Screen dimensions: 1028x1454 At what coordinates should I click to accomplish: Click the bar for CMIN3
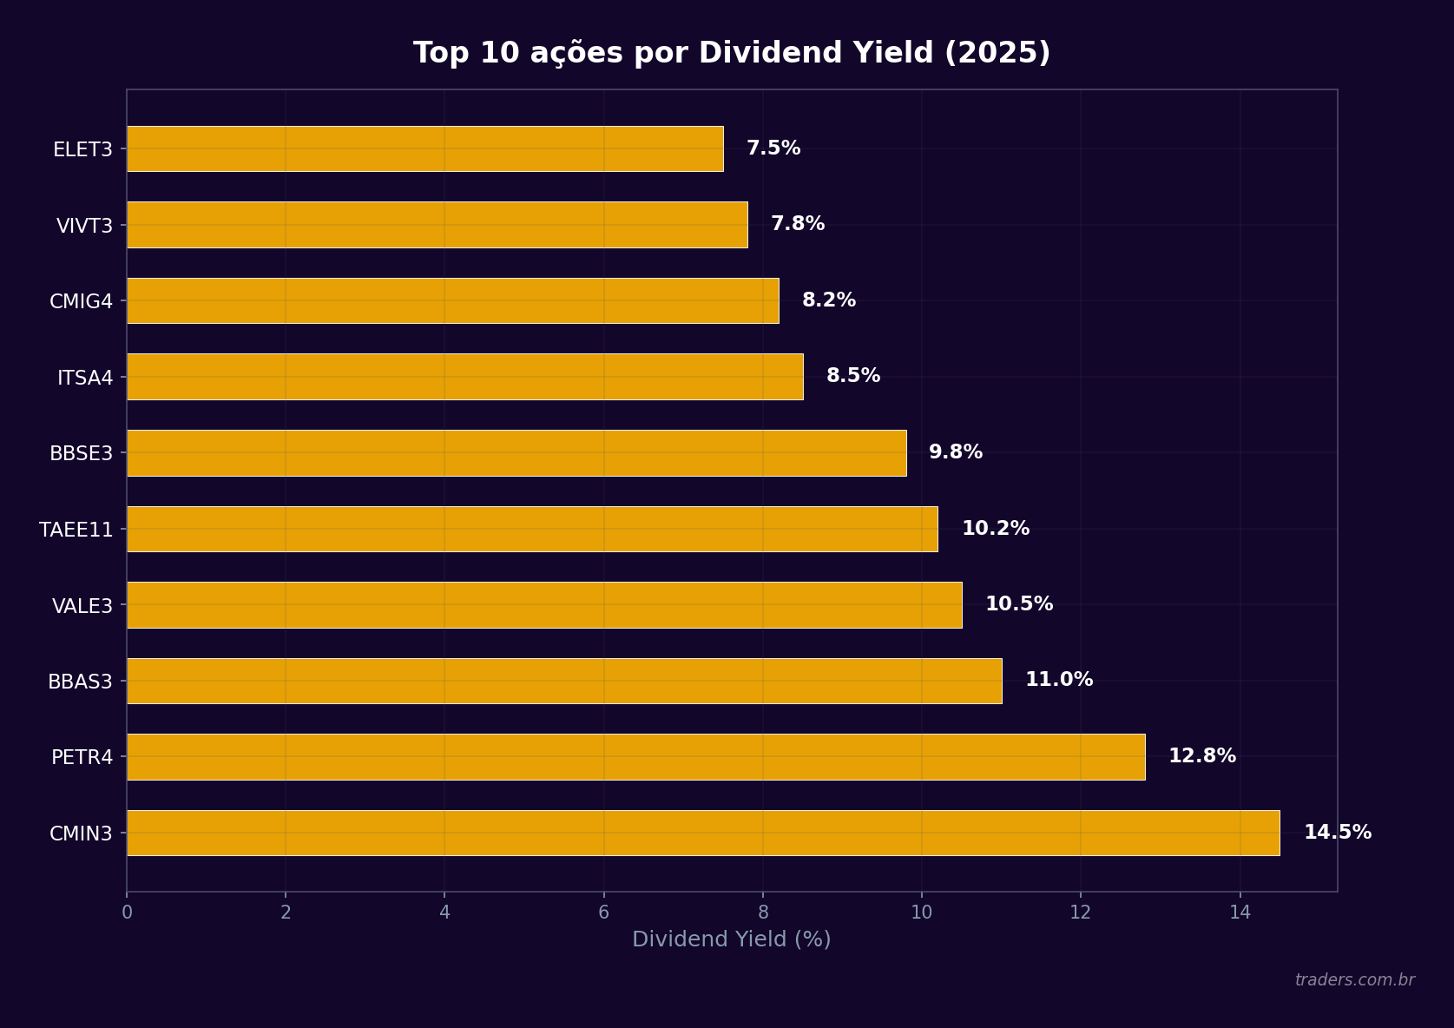click(703, 833)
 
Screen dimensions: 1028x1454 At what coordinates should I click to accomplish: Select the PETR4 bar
click(635, 756)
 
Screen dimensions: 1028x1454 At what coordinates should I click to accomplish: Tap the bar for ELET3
click(424, 148)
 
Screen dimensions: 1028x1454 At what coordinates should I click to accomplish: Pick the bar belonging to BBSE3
click(516, 452)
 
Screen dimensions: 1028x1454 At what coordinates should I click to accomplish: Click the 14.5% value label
click(1337, 832)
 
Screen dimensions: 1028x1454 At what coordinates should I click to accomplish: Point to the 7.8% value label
click(797, 224)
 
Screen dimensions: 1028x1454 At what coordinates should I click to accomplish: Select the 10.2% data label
click(995, 528)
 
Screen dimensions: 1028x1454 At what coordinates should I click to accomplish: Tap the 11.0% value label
click(1058, 680)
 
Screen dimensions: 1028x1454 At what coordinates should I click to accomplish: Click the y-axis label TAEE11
click(76, 530)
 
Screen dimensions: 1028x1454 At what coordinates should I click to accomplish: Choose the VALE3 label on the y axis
click(82, 606)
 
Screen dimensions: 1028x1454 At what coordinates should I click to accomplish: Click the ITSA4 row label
click(85, 378)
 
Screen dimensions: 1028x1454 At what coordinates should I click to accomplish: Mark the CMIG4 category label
click(81, 301)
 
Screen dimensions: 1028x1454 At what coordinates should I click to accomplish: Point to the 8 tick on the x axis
click(763, 913)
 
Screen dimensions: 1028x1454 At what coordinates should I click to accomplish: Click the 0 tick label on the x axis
click(127, 913)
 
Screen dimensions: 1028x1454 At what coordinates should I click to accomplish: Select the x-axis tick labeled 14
click(1240, 913)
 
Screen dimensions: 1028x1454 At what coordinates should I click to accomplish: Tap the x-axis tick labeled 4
click(444, 913)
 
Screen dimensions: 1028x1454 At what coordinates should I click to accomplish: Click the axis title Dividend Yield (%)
click(731, 939)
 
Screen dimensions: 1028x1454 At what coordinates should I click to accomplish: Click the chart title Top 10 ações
click(731, 53)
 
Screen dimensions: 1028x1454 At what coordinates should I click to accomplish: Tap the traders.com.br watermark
click(1354, 980)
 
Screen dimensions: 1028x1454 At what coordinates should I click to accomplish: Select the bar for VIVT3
click(437, 225)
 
